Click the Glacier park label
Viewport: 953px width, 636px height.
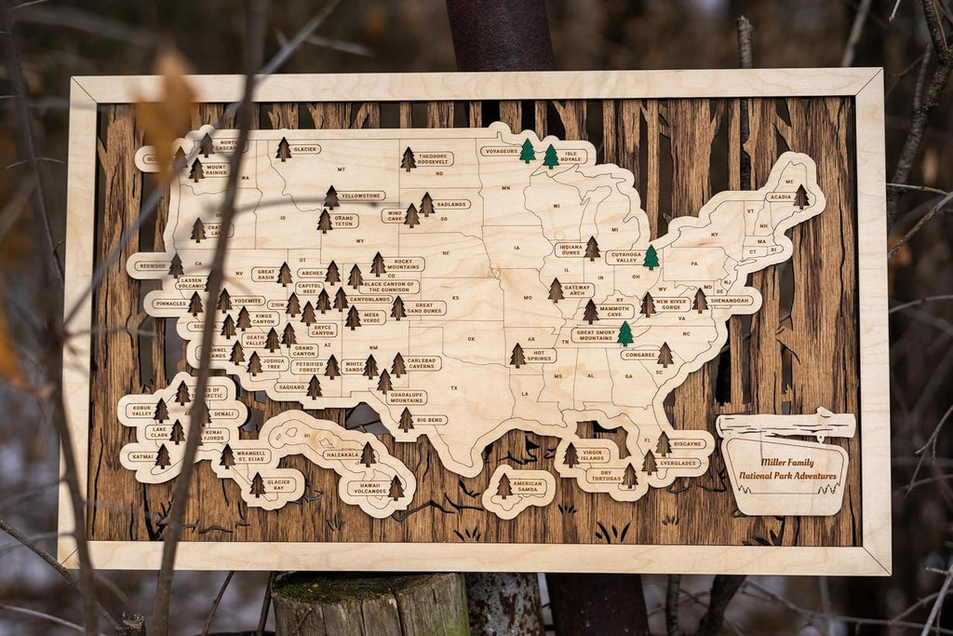pos(305,149)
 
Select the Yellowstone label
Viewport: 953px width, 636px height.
pos(362,196)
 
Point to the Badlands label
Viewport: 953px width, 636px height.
pos(452,204)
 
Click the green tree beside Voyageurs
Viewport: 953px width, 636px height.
pos(527,151)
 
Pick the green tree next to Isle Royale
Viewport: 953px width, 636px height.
pos(551,156)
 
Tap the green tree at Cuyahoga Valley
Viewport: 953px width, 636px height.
pos(651,257)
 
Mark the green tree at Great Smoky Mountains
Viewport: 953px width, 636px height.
pos(625,333)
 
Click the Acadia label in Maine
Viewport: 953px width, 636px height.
pos(779,196)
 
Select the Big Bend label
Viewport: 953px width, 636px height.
pos(431,420)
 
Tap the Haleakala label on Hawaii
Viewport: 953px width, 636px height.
pos(341,455)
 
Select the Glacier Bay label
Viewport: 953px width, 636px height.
pos(280,485)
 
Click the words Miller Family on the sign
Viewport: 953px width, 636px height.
pos(786,462)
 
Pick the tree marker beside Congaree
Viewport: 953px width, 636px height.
pos(664,354)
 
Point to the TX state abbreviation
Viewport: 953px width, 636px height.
pos(454,387)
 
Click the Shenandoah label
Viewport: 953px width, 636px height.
pos(730,301)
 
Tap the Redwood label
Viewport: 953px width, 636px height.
pos(151,265)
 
